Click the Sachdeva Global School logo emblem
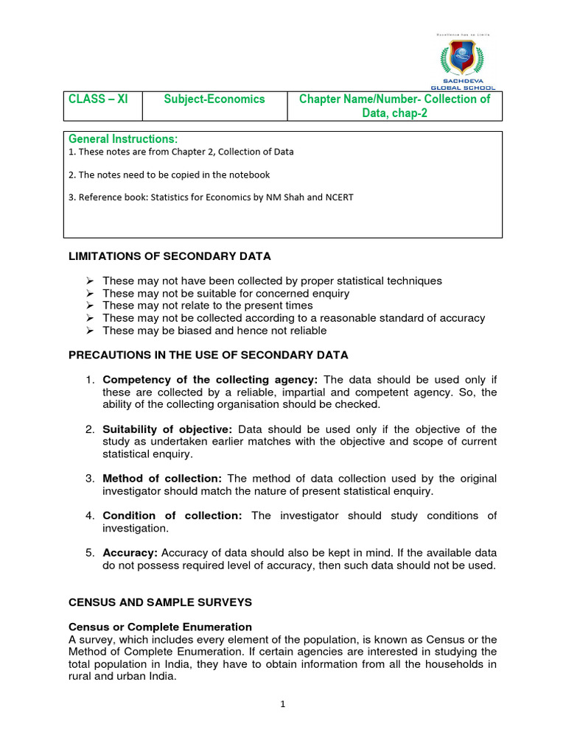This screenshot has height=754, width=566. click(463, 60)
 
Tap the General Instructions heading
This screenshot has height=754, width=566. click(123, 139)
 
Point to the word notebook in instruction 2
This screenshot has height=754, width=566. click(248, 175)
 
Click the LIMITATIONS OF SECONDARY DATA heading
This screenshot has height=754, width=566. click(170, 256)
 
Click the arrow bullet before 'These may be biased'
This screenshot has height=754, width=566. click(89, 331)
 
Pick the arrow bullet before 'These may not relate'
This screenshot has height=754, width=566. click(89, 306)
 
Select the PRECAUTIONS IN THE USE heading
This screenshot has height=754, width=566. click(208, 355)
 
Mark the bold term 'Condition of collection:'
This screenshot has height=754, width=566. click(172, 515)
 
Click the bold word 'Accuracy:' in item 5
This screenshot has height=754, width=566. click(130, 553)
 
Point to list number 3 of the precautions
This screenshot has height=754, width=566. click(89, 479)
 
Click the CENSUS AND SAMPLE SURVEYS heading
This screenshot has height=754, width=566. click(160, 602)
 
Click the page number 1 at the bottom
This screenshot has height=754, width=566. click(282, 704)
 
